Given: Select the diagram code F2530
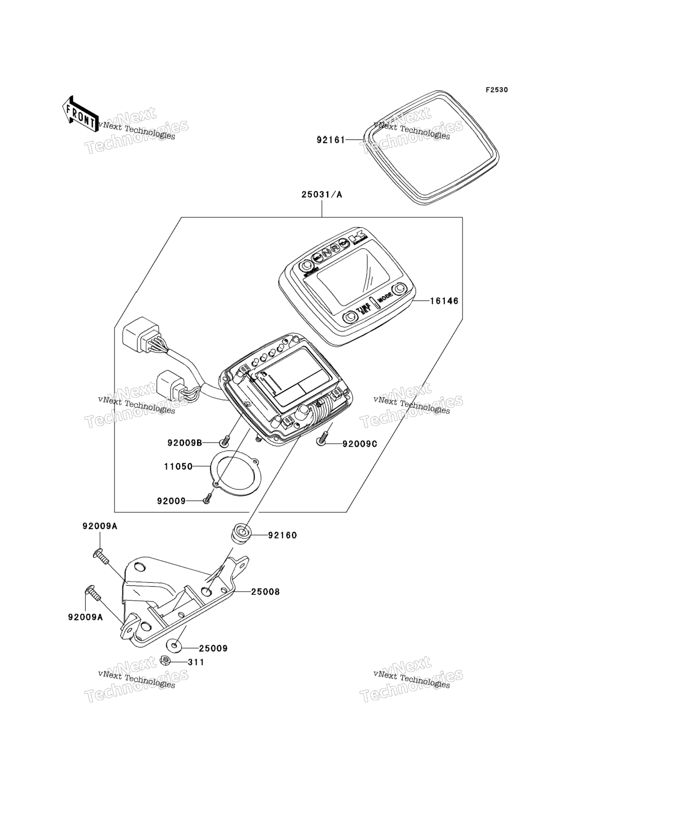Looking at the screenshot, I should click(496, 90).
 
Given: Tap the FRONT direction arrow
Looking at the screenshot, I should click(79, 113).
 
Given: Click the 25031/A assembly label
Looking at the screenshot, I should click(322, 195).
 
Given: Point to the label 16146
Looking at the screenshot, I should click(444, 301).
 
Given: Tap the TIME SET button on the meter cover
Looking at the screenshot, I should click(350, 316).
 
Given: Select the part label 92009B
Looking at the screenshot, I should click(184, 443).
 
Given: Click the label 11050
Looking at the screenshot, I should click(178, 467).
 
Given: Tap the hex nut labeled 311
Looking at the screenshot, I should click(165, 661).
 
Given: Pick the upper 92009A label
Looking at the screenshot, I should click(100, 526).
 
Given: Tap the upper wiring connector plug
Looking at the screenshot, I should click(137, 336).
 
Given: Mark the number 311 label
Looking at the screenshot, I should click(196, 662).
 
